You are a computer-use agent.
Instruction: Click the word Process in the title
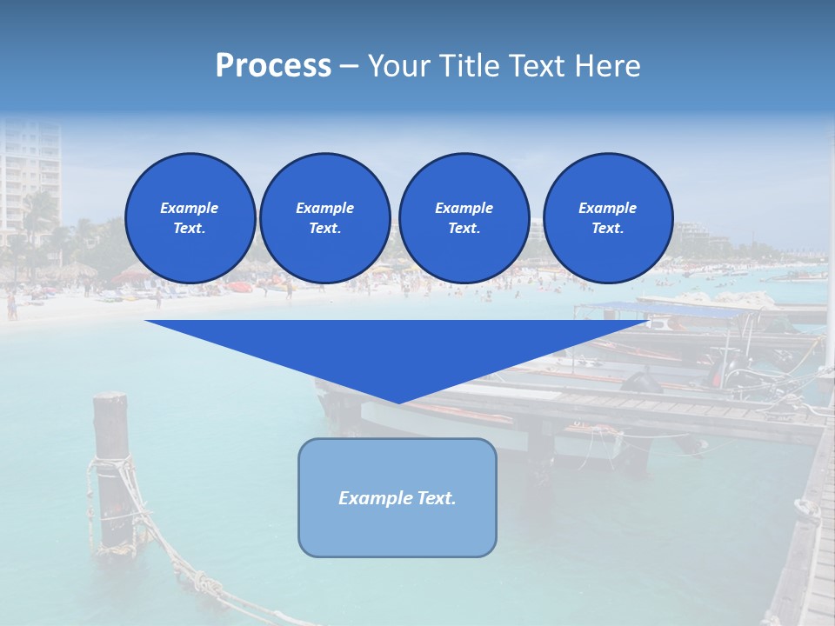coord(273,66)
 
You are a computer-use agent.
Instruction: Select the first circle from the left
coord(190,218)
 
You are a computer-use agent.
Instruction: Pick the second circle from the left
coord(324,218)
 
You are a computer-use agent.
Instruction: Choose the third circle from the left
coord(464,218)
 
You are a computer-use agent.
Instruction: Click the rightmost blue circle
coord(607,218)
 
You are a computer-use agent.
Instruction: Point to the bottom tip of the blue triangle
coord(398,402)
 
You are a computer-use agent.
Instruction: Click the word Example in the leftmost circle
coord(190,208)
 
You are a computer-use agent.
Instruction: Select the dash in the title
coord(349,66)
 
